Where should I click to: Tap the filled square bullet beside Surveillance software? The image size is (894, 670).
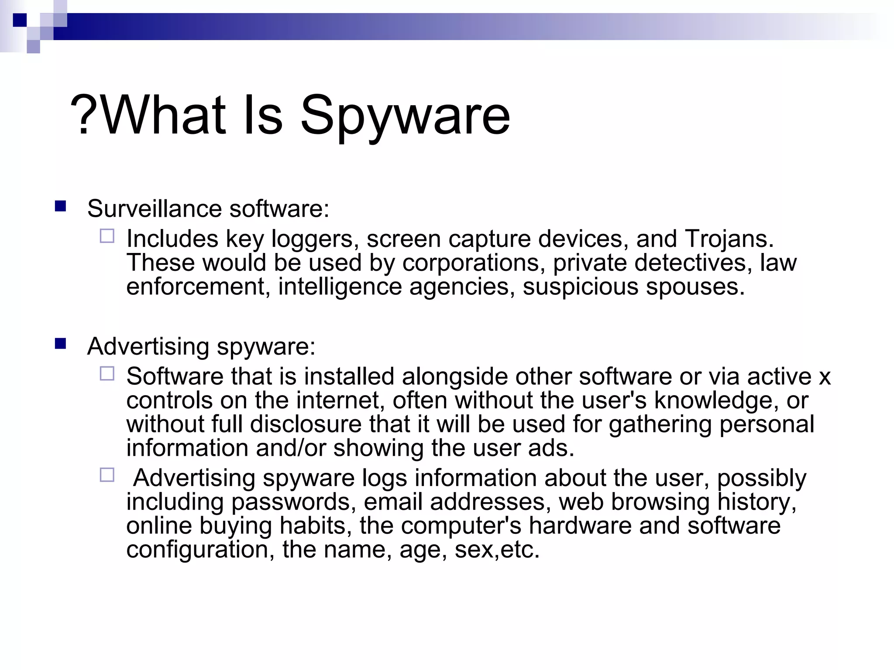point(60,206)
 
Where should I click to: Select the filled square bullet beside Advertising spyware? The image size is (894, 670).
point(60,344)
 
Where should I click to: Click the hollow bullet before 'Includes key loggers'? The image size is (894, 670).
point(107,236)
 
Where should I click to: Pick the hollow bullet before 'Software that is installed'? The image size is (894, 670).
point(107,374)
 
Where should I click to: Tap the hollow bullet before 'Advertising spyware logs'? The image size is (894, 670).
point(107,475)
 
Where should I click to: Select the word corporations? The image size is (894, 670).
point(474,263)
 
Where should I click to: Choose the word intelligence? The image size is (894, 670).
point(340,287)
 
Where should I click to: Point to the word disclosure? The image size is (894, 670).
point(306,424)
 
